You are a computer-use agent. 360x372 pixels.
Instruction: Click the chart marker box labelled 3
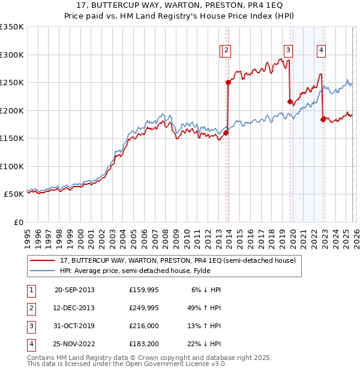coord(289,50)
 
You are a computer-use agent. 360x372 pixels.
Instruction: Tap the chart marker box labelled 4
coord(322,50)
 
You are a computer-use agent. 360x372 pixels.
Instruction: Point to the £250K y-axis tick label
coord(12,83)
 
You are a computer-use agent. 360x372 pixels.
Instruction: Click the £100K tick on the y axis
coord(12,167)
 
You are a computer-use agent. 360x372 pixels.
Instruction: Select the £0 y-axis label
coord(19,223)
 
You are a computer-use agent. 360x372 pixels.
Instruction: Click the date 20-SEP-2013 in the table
coord(74,290)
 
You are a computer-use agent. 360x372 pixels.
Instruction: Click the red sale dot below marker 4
coord(323,119)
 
